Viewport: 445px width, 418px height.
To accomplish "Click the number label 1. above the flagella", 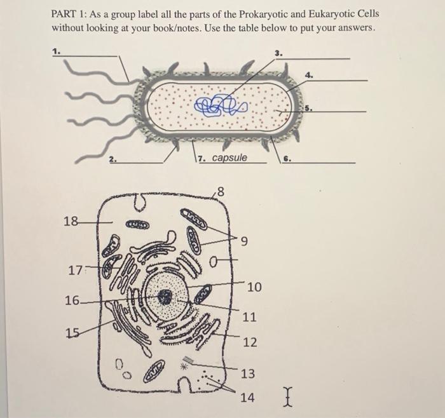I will click(x=56, y=53).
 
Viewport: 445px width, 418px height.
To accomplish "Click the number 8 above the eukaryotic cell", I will click(x=221, y=190).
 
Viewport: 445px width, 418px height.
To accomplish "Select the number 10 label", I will click(x=254, y=288).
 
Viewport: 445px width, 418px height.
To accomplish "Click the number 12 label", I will click(x=249, y=342).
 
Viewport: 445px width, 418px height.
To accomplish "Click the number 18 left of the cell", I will click(x=71, y=221).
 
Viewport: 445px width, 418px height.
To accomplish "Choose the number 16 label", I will click(x=72, y=300).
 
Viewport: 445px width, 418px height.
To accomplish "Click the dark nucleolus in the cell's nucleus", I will click(x=165, y=296).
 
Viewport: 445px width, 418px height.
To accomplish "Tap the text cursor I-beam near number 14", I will click(x=288, y=398).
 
